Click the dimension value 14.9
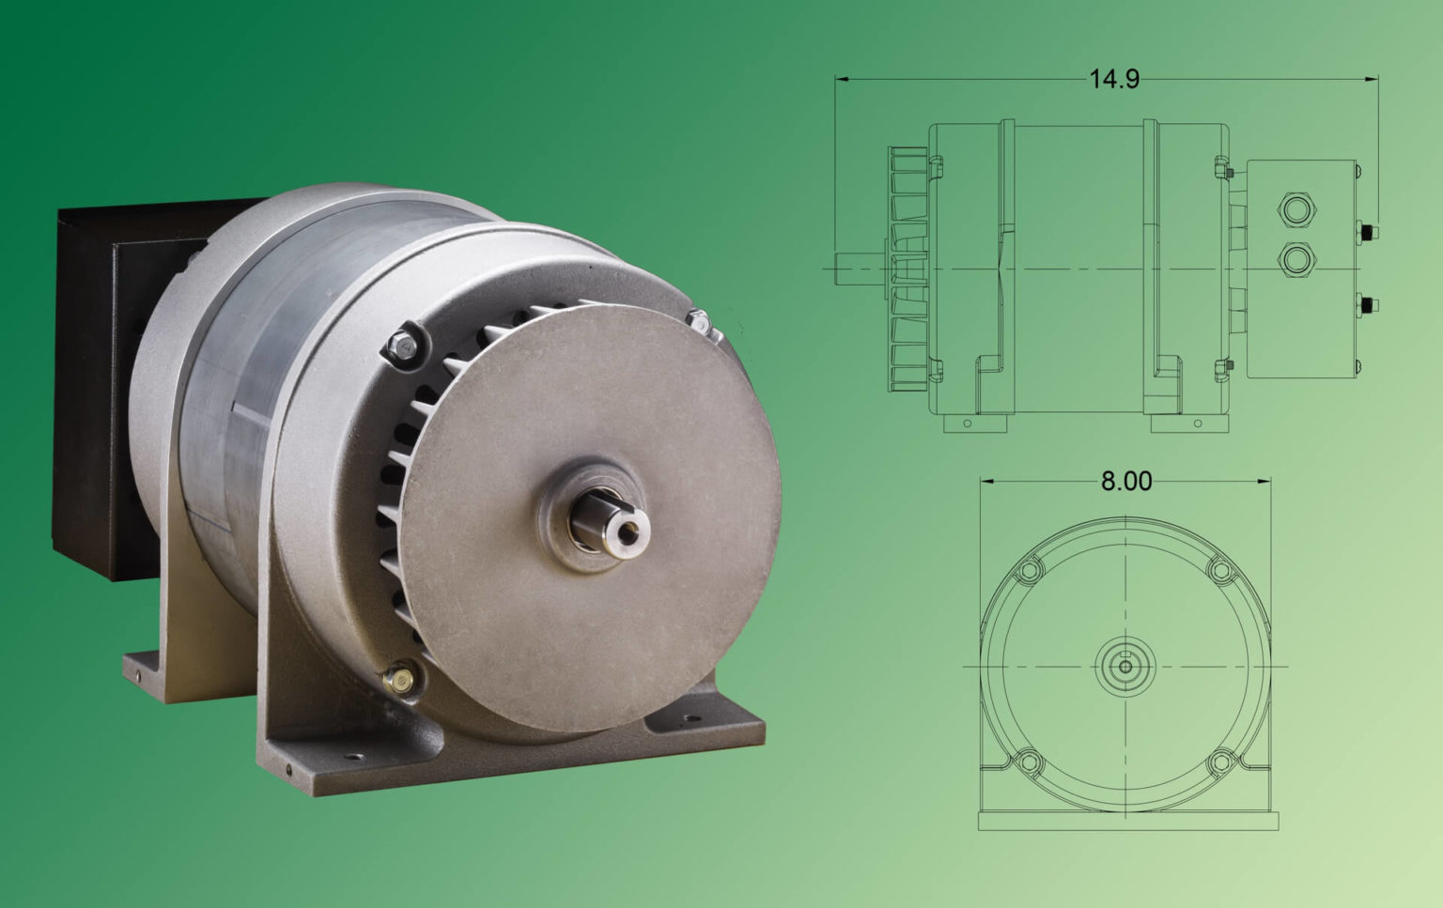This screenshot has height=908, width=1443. click(1113, 79)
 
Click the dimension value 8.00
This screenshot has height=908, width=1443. click(1125, 481)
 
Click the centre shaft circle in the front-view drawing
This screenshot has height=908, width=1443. click(1125, 667)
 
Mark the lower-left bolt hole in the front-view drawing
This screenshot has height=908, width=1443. click(1029, 762)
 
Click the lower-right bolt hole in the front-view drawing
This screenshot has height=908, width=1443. click(1219, 762)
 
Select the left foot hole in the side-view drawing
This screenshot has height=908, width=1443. click(969, 423)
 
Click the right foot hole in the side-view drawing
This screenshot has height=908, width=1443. click(1197, 423)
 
